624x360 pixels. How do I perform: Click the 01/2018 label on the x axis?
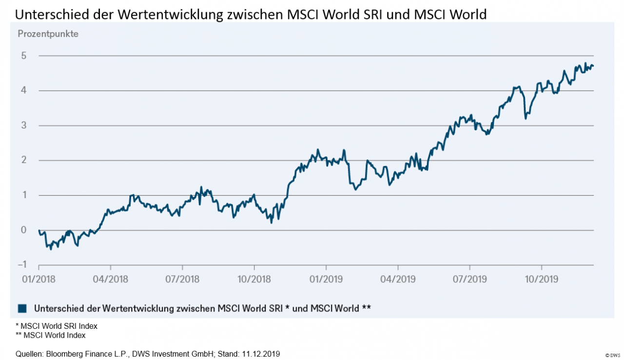point(39,280)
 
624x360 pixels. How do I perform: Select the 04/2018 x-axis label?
point(110,280)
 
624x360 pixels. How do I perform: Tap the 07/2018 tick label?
point(182,280)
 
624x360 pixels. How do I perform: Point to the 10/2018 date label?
point(254,280)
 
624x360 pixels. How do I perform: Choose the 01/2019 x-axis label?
point(326,280)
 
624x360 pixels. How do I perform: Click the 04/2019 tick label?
point(398,280)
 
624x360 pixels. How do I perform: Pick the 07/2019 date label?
point(469,280)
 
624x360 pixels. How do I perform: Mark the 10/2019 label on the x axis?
point(541,280)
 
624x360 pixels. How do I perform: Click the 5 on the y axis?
point(23,56)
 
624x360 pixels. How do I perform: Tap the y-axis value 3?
point(23,126)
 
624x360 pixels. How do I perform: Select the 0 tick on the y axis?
point(23,230)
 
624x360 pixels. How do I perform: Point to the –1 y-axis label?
point(21,265)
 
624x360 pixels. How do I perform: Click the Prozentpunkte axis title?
point(48,34)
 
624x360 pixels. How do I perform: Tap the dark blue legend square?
point(21,308)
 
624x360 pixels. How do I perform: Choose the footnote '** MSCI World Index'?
point(51,335)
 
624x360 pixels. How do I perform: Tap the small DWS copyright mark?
point(612,355)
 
